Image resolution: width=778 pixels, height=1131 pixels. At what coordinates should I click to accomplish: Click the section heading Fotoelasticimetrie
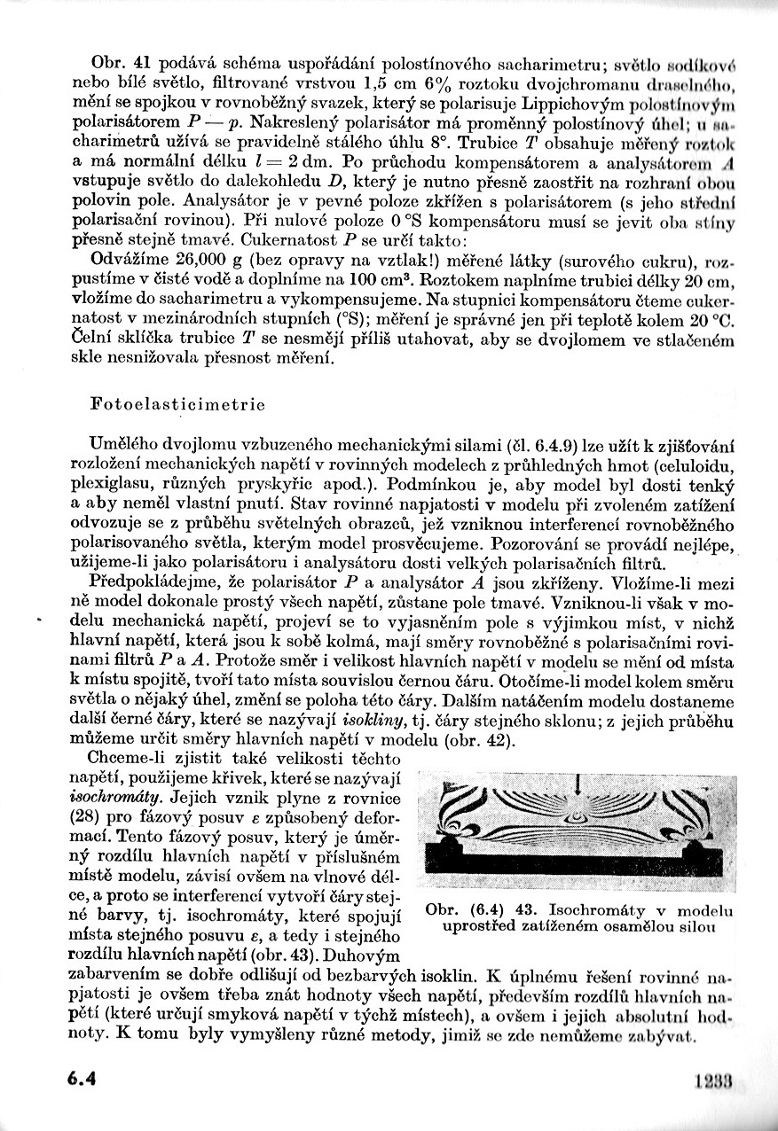[x=178, y=404]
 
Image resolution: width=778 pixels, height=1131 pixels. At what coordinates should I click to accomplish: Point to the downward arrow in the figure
[x=578, y=784]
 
